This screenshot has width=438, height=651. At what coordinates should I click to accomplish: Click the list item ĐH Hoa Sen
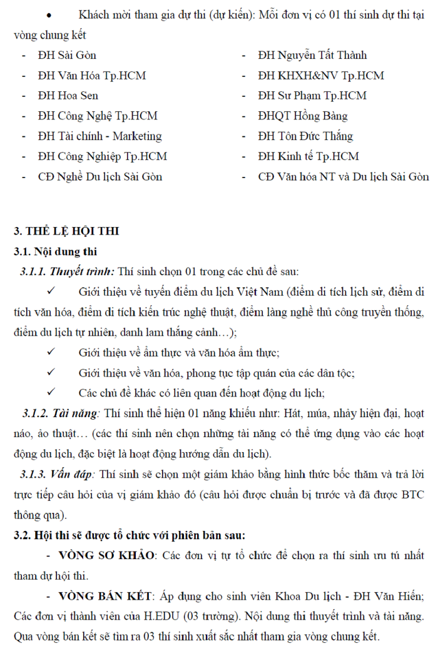(x=68, y=96)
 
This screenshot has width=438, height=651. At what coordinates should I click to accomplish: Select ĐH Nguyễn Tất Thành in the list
(x=312, y=56)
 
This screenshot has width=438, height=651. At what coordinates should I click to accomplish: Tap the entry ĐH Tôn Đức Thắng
(x=305, y=136)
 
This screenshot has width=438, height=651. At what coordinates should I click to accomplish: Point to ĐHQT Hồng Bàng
(x=302, y=116)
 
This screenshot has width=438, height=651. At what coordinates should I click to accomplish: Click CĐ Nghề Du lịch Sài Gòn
(x=100, y=176)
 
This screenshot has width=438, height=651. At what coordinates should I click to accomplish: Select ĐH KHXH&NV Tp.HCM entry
(x=321, y=76)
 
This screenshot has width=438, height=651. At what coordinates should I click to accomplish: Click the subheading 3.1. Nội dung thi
(x=56, y=251)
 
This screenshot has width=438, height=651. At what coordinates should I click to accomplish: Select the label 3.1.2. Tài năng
(x=62, y=413)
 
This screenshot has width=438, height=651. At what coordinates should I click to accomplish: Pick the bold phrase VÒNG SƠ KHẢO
(x=106, y=555)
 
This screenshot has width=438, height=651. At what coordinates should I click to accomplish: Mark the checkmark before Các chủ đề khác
(x=53, y=393)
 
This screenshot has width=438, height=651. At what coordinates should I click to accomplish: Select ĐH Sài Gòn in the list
(x=67, y=56)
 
